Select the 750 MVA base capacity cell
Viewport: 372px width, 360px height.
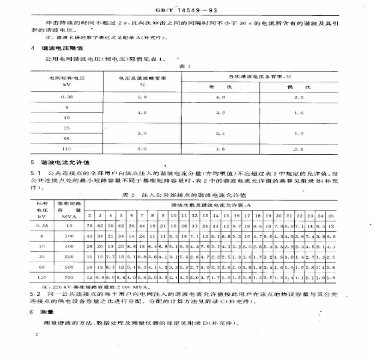pos(67,277)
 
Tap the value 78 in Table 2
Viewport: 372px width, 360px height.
pos(90,225)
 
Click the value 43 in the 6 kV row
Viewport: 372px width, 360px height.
pos(90,236)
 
